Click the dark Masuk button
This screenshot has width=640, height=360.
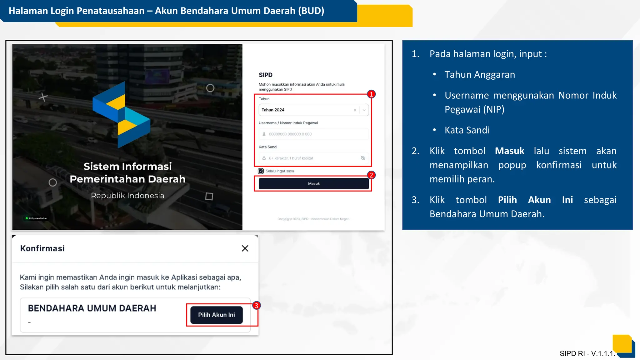pyautogui.click(x=314, y=184)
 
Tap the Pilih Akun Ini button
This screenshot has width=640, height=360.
pyautogui.click(x=216, y=315)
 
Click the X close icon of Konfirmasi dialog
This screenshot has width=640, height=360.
pyautogui.click(x=245, y=248)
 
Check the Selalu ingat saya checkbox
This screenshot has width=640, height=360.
pyautogui.click(x=261, y=171)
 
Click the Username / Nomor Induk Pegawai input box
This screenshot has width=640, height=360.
pyautogui.click(x=313, y=134)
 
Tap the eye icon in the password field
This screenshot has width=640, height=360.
pyautogui.click(x=363, y=158)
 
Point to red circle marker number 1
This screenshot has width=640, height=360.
pyautogui.click(x=371, y=94)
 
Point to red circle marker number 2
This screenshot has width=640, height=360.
pyautogui.click(x=371, y=175)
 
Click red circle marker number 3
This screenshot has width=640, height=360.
pyautogui.click(x=256, y=305)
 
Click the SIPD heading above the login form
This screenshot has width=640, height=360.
pyautogui.click(x=266, y=75)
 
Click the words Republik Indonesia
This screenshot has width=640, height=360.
pyautogui.click(x=127, y=196)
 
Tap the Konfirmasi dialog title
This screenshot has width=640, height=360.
pyautogui.click(x=42, y=248)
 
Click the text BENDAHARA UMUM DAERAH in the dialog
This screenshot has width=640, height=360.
pyautogui.click(x=92, y=308)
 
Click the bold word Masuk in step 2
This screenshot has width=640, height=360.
pyautogui.click(x=509, y=151)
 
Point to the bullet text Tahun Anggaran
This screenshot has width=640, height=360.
pyautogui.click(x=480, y=75)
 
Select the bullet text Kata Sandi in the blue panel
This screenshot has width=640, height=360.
pyautogui.click(x=467, y=130)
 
